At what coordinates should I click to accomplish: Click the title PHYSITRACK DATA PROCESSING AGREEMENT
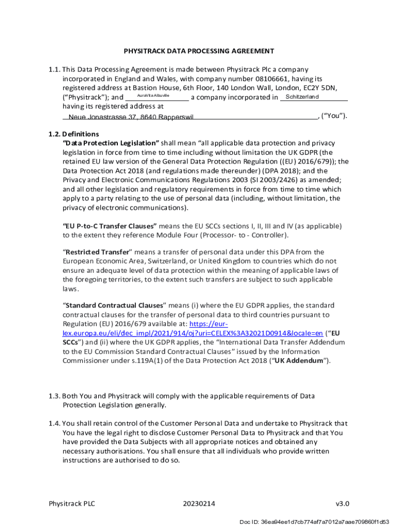199,51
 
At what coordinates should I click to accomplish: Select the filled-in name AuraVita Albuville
153,96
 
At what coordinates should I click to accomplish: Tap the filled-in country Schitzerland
302,97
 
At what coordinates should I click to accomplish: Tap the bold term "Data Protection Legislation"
111,143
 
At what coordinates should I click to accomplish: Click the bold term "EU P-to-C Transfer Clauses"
110,226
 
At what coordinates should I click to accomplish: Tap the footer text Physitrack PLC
72,504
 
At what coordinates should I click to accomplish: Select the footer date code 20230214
199,504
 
